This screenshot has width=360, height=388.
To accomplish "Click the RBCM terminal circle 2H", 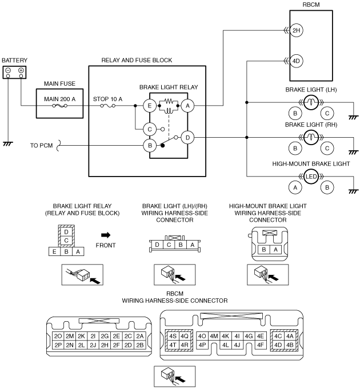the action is [x=296, y=30].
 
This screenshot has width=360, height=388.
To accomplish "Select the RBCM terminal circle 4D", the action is [x=296, y=61].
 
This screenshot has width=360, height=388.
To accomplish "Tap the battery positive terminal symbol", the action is [x=21, y=70].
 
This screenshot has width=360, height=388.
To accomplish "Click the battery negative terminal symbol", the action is [x=8, y=70].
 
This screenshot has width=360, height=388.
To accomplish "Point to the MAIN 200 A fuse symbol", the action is [x=59, y=106].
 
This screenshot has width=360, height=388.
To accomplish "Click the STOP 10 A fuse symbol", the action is [x=107, y=106].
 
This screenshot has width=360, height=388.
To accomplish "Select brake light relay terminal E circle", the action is [x=150, y=106].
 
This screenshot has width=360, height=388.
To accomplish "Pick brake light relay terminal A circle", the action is [x=187, y=106].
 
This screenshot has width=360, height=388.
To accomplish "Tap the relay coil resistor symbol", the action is [x=169, y=101].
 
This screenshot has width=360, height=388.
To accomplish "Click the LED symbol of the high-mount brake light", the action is [x=311, y=177].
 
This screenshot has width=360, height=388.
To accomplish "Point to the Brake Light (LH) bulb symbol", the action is [x=311, y=102].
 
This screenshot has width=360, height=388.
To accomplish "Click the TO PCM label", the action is [x=41, y=146].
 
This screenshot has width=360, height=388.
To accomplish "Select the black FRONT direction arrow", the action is [x=106, y=235].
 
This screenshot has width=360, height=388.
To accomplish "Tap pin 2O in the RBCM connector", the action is [x=58, y=336].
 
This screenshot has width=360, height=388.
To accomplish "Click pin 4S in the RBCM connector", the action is [x=173, y=336].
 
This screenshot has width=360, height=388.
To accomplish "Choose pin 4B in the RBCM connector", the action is [x=290, y=345].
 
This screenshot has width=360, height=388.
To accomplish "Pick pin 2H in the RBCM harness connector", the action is [x=105, y=345].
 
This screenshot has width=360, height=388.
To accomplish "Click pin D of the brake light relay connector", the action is [x=66, y=232].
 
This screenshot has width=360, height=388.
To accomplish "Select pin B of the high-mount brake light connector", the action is [x=264, y=249].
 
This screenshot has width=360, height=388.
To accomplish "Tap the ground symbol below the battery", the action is [x=8, y=144].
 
